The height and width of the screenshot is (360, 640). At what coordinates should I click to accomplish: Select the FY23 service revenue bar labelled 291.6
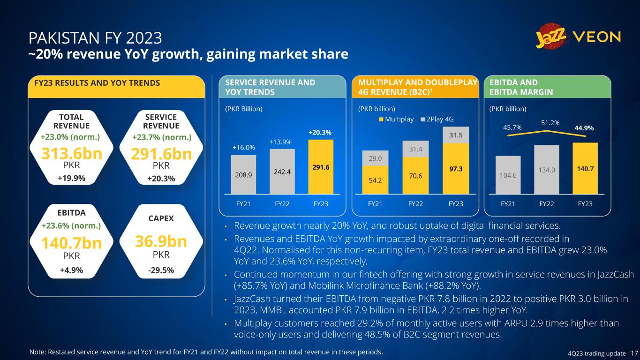click(321, 167)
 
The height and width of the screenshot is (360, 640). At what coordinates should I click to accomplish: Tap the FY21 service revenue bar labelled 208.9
click(243, 174)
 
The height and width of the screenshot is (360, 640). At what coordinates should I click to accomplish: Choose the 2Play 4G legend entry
click(439, 119)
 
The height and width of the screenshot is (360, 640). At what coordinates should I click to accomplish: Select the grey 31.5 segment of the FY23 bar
click(456, 135)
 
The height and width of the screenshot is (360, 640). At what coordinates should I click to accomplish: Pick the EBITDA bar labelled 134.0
click(547, 169)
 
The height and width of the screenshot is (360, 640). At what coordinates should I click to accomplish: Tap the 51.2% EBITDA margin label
click(550, 123)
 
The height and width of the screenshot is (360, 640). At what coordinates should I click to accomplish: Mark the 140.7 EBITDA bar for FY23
click(585, 168)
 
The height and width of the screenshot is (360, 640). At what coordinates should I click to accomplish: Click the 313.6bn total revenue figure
click(72, 153)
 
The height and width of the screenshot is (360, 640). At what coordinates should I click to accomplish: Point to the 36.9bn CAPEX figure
click(161, 241)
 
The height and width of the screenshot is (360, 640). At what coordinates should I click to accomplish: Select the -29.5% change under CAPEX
click(161, 270)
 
